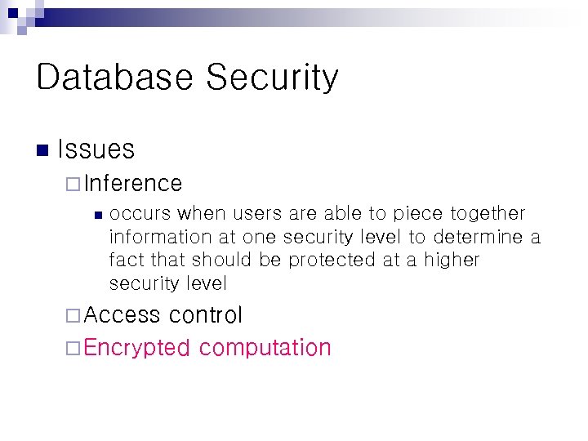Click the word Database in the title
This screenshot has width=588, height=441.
click(114, 78)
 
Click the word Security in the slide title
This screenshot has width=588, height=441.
click(272, 78)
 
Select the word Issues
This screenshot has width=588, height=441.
click(96, 149)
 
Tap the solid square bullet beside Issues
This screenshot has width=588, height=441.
click(42, 149)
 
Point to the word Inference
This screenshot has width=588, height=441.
click(132, 183)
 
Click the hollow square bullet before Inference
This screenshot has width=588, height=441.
click(73, 184)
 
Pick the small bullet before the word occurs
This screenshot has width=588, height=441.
click(96, 215)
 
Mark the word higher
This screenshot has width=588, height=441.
click(452, 261)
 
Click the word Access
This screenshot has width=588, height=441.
click(122, 315)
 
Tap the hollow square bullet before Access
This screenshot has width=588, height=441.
click(73, 315)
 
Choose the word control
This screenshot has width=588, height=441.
click(206, 315)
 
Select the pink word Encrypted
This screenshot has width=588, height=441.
click(136, 348)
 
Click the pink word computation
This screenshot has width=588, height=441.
click(265, 349)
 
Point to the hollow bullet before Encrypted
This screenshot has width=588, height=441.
click(73, 348)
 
